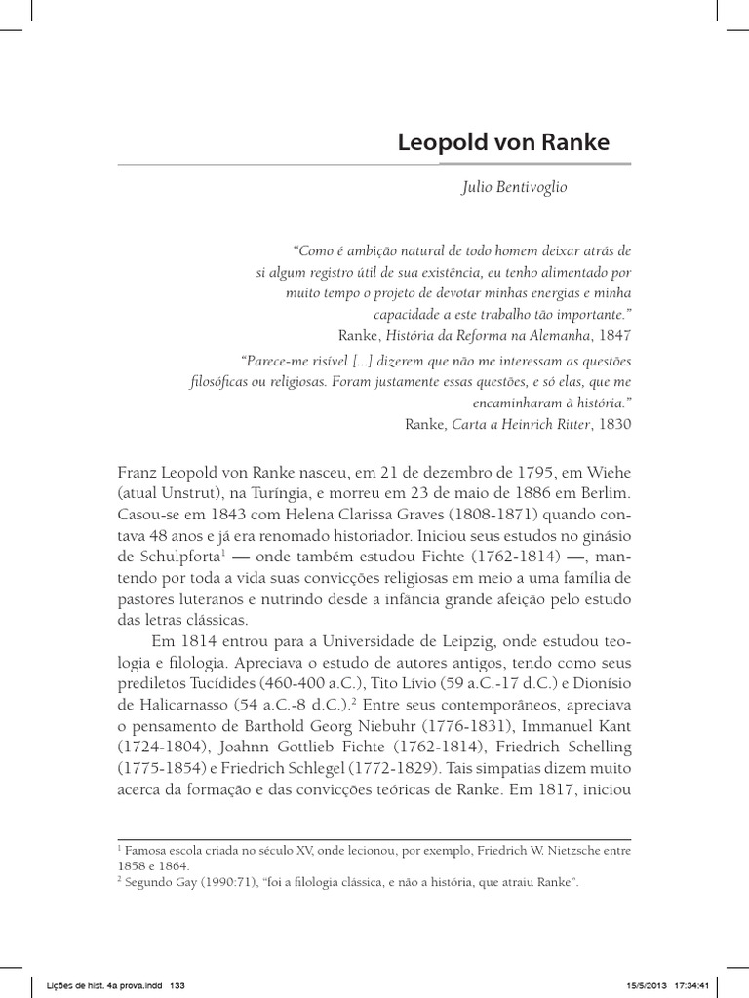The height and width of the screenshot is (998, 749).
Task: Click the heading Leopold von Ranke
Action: tap(503, 142)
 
